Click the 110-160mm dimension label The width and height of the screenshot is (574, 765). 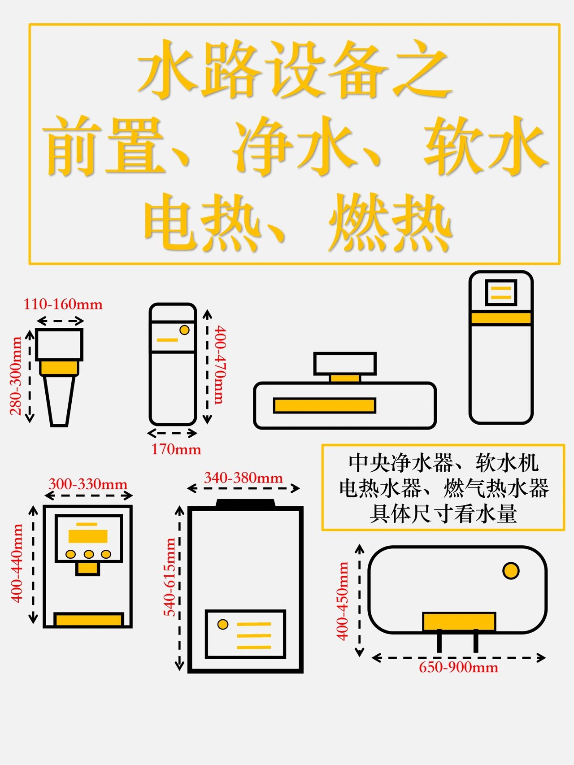[x=63, y=304]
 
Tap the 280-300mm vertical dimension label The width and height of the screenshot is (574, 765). [x=16, y=376]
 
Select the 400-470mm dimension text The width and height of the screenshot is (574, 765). [x=220, y=365]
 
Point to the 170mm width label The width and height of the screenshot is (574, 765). [x=176, y=449]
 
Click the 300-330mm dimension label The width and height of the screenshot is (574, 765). [x=88, y=484]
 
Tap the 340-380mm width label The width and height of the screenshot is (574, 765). [x=244, y=478]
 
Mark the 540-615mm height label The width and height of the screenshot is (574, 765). [x=170, y=577]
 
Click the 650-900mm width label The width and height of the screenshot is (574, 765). [x=458, y=667]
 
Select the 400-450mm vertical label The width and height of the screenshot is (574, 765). [x=342, y=601]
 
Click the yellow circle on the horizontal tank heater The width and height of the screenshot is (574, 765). [x=511, y=571]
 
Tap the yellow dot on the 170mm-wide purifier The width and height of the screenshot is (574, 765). [x=184, y=330]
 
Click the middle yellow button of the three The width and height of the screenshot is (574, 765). [x=89, y=554]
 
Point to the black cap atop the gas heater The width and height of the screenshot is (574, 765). [x=245, y=503]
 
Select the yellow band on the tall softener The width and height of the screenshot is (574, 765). [x=501, y=318]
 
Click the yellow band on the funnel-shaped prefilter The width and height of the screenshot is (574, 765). [x=59, y=368]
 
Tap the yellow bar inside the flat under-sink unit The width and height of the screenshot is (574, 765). [x=325, y=405]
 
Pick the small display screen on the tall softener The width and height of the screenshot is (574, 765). [x=501, y=292]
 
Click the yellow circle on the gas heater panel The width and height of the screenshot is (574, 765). [x=222, y=624]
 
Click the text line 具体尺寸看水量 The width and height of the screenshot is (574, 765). [x=443, y=514]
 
